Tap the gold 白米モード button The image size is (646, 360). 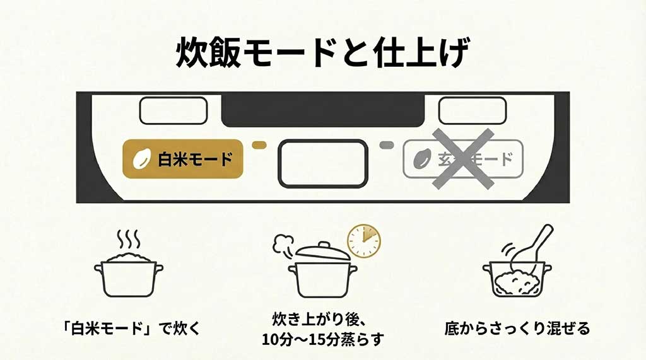point(183,159)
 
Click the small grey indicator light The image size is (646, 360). point(386,145)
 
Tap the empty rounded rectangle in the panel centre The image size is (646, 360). point(322,163)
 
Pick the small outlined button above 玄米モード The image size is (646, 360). point(472,111)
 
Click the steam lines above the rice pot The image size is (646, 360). point(128,240)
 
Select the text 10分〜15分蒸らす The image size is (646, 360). point(322,339)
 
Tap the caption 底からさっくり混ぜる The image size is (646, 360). point(517,328)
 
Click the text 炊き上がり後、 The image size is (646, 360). point(322,317)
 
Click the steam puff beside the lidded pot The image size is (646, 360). point(283,245)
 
